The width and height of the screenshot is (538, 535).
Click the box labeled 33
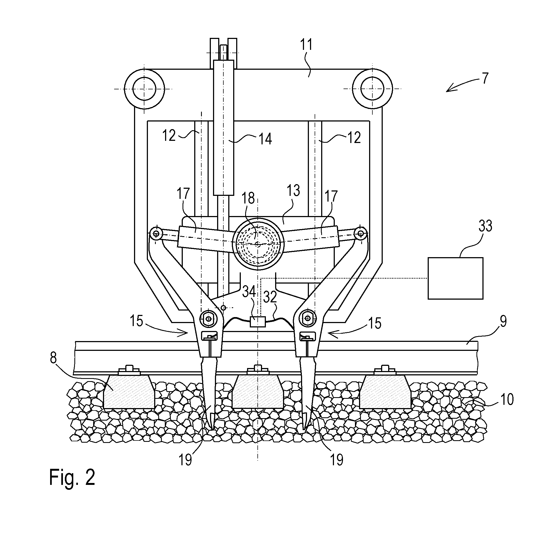[455, 278]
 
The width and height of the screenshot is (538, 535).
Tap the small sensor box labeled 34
[257, 322]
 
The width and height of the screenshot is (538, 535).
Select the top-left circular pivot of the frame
[144, 89]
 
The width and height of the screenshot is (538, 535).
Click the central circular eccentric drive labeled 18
[258, 244]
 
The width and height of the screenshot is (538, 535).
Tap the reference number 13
[293, 191]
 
